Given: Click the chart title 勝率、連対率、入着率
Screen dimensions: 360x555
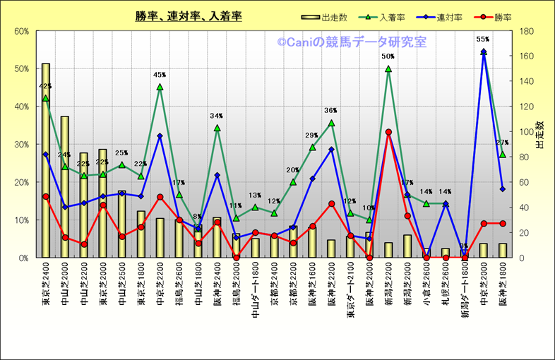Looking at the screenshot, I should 189,16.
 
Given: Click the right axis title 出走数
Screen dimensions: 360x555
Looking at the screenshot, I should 539,134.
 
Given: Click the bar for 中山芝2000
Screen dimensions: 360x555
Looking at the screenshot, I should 65,187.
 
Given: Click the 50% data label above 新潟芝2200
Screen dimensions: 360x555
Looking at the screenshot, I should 388,56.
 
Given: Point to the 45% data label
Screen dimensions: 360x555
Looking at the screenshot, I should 160,75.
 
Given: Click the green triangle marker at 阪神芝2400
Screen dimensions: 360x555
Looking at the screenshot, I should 217,128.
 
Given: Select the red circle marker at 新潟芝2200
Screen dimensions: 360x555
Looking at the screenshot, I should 388,132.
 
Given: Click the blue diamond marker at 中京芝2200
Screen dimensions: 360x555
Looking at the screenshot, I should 160,136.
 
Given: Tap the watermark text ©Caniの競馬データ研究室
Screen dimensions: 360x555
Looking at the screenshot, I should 352,43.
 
